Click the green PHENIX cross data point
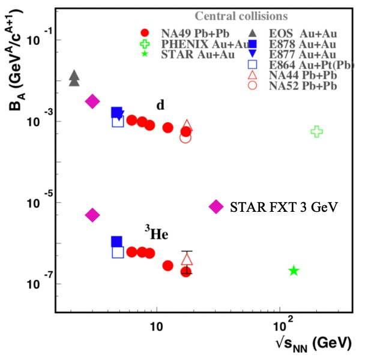point(317,131)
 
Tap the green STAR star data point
point(294,271)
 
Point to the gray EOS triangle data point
point(74,77)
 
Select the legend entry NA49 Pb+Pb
point(182,32)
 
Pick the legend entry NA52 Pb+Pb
point(303,86)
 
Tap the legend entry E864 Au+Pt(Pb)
point(311,65)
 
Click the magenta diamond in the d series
point(92,101)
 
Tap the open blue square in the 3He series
point(118,252)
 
